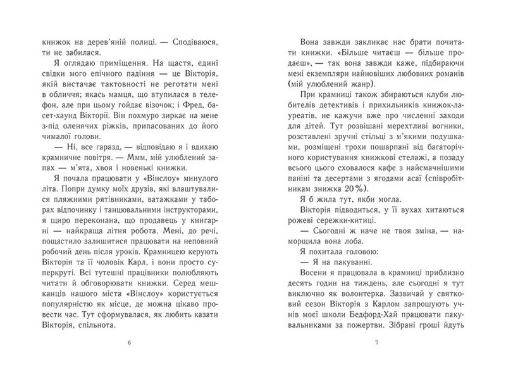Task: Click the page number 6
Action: [129, 344]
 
